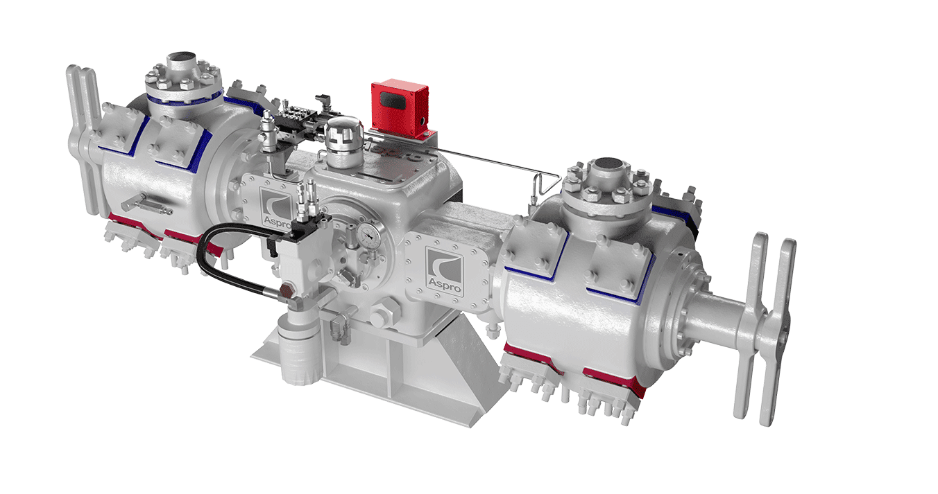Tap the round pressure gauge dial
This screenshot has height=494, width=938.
click(366, 238)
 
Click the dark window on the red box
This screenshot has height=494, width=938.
click(392, 101)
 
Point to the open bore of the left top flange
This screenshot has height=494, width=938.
click(183, 57)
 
